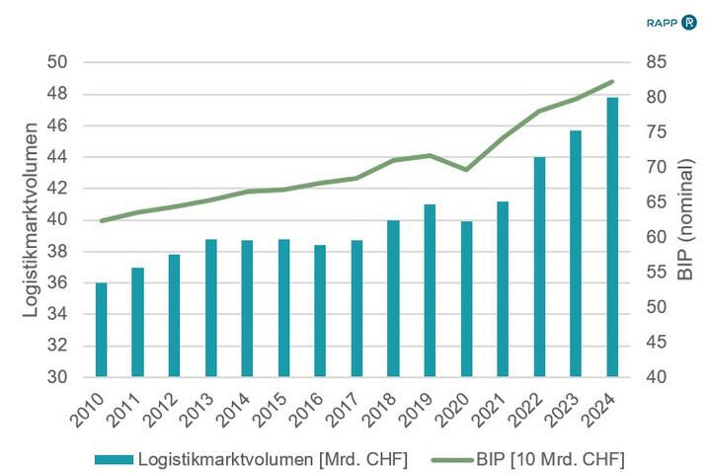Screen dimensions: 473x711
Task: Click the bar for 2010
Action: (x=101, y=330)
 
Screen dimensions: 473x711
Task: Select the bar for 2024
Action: (x=612, y=237)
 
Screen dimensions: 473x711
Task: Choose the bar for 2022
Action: (x=539, y=267)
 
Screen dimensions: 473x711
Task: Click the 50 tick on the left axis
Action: (x=56, y=63)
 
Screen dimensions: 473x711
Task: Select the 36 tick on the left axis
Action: (x=56, y=282)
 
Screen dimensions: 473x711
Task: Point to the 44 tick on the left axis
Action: (x=56, y=157)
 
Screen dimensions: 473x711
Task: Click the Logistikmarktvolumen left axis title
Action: (x=31, y=219)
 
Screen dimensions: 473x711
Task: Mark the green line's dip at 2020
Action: (x=466, y=170)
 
